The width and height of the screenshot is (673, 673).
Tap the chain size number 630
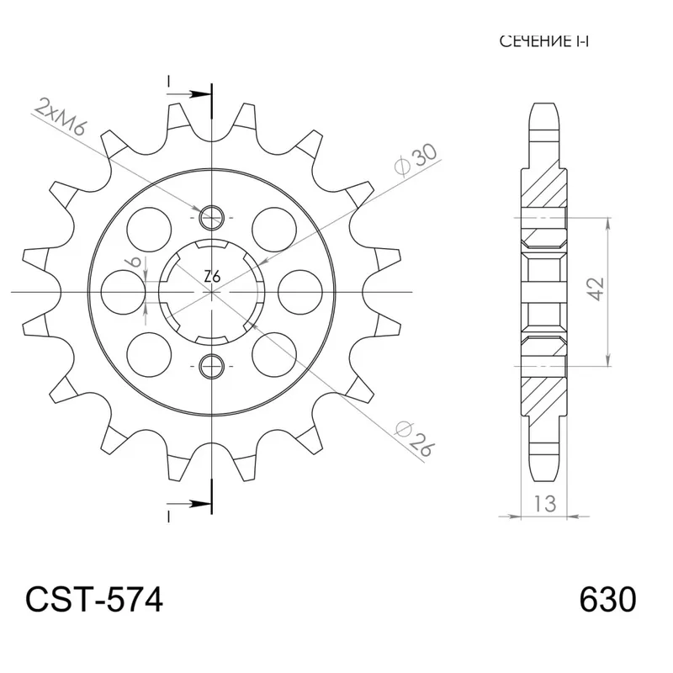click(x=607, y=601)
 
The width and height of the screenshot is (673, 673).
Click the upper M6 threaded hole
click(x=211, y=219)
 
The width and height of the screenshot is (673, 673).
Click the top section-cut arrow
click(x=194, y=90)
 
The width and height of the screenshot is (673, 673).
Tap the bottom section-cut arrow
click(x=194, y=505)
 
